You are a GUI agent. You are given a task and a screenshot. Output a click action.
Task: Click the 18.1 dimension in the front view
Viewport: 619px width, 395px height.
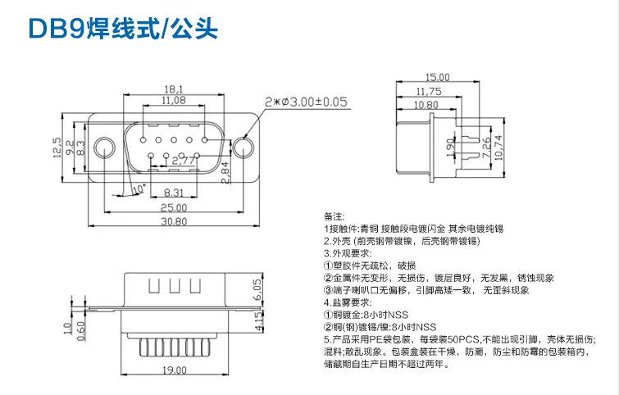172,89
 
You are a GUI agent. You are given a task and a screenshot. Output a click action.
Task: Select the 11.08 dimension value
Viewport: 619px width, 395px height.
172,100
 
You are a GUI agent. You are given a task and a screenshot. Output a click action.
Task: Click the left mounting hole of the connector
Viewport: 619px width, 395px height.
104,148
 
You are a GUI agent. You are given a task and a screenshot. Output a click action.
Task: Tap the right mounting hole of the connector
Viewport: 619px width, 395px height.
243,148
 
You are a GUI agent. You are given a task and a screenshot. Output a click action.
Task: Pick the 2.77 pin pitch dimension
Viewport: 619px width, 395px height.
184,161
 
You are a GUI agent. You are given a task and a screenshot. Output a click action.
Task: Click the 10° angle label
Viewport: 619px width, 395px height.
137,188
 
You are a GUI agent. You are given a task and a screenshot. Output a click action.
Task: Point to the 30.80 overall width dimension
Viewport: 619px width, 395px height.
173,221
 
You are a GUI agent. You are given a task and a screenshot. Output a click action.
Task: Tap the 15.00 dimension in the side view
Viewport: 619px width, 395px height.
438,77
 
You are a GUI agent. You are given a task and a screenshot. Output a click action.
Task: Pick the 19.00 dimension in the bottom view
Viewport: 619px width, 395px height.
173,371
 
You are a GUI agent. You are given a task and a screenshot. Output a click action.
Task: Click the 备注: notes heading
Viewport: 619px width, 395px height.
335,216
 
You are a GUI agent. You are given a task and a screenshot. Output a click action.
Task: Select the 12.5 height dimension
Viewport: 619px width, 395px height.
57,148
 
